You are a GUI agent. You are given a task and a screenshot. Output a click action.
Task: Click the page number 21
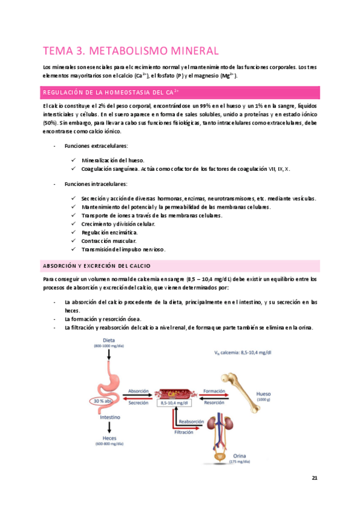pyautogui.click(x=314, y=478)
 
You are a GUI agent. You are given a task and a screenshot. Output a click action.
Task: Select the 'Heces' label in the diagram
pyautogui.click(x=109, y=438)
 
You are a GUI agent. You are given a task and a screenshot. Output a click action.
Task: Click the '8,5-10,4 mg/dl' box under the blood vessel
pyautogui.click(x=174, y=404)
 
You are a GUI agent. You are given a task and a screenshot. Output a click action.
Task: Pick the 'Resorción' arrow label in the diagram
pyautogui.click(x=215, y=403)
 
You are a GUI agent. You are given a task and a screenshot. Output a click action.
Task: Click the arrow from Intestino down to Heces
pyautogui.click(x=109, y=428)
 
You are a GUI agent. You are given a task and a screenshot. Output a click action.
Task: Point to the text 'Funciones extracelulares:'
pyautogui.click(x=93, y=146)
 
